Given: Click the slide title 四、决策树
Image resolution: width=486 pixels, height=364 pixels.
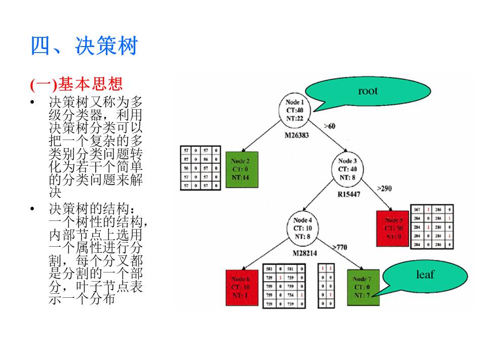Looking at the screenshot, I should coord(84,47).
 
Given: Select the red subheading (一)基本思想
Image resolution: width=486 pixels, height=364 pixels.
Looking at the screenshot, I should coord(76,83).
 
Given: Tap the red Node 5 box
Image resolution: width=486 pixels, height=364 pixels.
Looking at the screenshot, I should coord(393,229).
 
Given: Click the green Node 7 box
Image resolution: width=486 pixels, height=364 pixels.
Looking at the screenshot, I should coord(363,287).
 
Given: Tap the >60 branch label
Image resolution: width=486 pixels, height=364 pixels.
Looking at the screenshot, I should coord(330,126).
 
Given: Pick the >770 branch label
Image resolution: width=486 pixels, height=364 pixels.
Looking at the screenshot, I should coord(340,247).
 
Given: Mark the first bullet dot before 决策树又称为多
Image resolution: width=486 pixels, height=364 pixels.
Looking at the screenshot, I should coord(32,103).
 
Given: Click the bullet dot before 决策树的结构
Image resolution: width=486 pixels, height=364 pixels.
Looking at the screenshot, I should coord(32,209).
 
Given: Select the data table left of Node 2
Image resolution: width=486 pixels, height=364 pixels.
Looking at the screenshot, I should coord(200,168).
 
